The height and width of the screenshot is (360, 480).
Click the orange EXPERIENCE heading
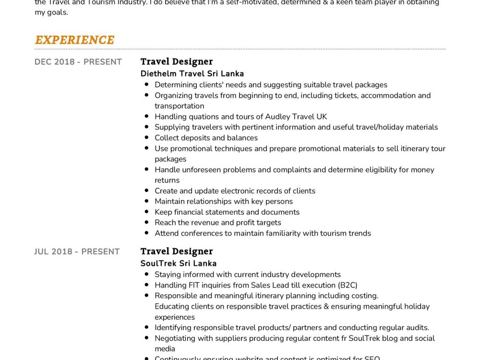[74, 40]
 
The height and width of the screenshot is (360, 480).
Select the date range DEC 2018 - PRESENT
[78, 62]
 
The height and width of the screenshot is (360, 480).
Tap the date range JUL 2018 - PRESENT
[77, 252]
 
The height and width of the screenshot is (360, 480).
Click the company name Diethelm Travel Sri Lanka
[192, 74]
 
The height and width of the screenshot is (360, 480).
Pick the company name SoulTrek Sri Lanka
[179, 264]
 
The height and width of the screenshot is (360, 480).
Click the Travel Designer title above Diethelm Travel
[177, 61]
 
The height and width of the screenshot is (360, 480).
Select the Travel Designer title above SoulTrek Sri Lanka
[177, 251]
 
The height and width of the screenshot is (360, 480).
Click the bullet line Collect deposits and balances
[206, 138]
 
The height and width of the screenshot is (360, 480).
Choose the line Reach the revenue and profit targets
[218, 223]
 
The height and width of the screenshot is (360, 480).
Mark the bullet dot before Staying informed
[146, 275]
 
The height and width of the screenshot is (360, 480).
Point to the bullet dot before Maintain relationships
[146, 202]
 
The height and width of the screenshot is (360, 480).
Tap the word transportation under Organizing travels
[179, 106]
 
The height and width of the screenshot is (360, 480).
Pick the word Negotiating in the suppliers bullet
[175, 338]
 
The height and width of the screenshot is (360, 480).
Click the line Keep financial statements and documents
[227, 212]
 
